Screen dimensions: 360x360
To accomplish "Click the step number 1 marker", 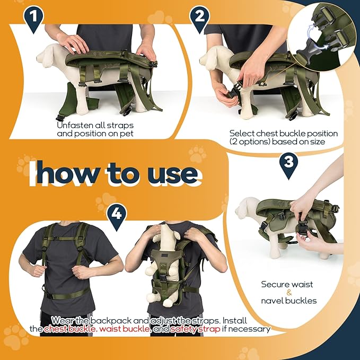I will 33,17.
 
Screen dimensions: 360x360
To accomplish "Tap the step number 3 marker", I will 288,163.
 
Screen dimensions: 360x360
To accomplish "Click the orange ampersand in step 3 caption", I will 289,292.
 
